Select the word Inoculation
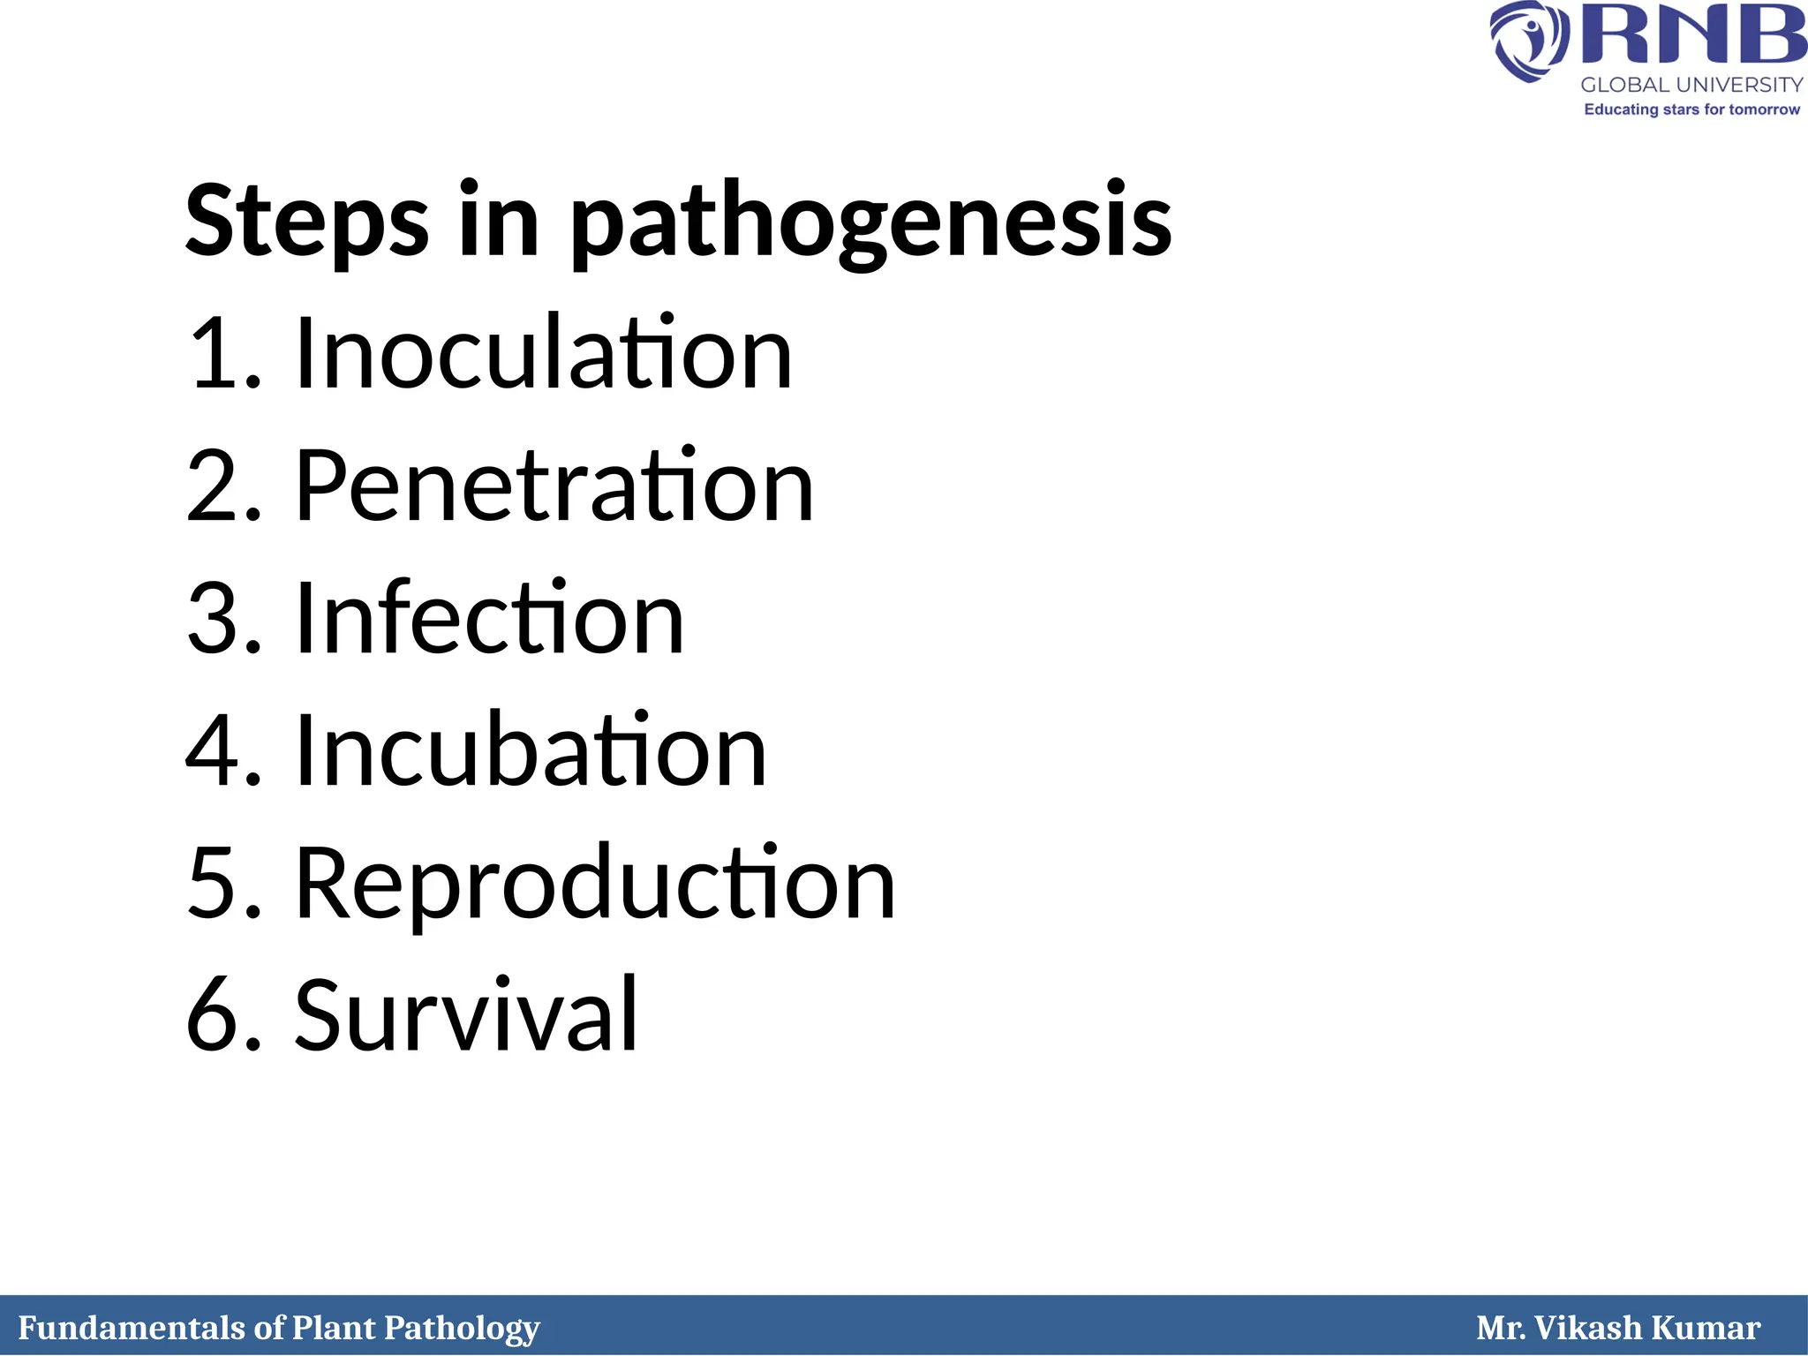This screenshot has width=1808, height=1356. tap(543, 353)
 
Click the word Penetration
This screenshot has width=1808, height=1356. tap(554, 486)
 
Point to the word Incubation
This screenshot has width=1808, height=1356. tap(530, 750)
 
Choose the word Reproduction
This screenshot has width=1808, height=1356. tap(594, 883)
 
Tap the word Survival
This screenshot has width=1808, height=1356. tap(465, 1015)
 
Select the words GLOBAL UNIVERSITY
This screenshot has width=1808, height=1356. tap(1691, 85)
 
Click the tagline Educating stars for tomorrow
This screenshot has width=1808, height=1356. tap(1691, 109)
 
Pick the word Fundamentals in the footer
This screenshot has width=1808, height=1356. tap(132, 1328)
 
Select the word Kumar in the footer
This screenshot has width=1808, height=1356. tap(1705, 1328)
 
